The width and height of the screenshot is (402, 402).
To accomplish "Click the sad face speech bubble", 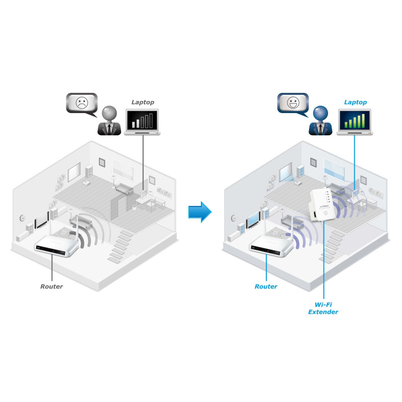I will coord(80,103).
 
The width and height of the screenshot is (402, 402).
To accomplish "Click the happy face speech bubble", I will coord(292,103).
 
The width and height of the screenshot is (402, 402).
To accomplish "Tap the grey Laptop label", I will coord(143,102).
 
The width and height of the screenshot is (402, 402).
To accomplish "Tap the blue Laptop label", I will coord(355,102).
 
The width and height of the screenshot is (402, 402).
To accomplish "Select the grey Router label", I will coord(51,286).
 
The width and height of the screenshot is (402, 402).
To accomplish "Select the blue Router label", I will coord(266,286).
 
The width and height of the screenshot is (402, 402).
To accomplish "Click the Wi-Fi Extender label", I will coord(323,308).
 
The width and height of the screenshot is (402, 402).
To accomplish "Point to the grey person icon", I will coord(109,121).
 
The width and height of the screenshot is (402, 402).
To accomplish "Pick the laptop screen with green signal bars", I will coord(355,121).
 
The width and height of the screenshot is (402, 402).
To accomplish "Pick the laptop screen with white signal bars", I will coord(143,121).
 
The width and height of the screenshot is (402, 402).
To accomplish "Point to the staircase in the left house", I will coord(119,246).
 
